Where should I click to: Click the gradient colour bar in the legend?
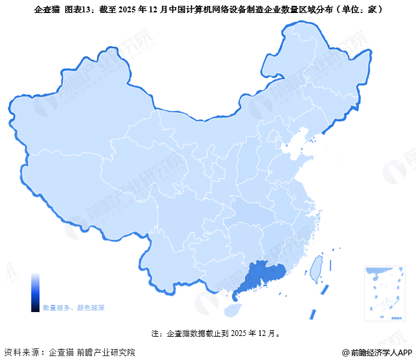click(35, 293)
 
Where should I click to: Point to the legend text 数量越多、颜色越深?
click(74, 307)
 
